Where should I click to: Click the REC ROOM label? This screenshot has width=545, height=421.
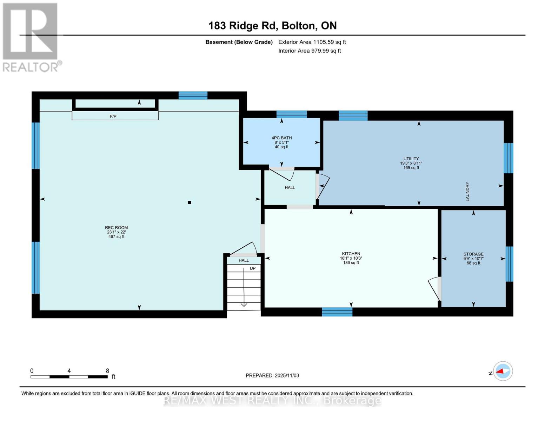click(x=116, y=228)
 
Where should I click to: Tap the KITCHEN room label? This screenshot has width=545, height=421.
click(x=351, y=254)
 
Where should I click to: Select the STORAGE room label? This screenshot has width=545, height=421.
click(x=473, y=254)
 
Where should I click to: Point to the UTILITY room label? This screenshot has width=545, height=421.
click(x=411, y=159)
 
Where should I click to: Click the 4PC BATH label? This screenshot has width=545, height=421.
click(x=281, y=138)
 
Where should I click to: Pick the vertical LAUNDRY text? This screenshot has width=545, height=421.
click(x=467, y=192)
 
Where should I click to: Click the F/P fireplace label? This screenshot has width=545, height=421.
click(x=113, y=116)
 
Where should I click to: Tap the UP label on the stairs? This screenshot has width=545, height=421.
click(x=253, y=268)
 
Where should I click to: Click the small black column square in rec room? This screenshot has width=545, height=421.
click(x=190, y=202)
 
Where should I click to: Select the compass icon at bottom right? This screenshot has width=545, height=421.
click(x=503, y=371)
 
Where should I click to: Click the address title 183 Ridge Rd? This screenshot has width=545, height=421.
click(x=272, y=26)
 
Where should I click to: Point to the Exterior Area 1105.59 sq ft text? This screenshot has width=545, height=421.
click(x=312, y=42)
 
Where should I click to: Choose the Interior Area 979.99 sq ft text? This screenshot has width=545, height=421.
click(x=310, y=51)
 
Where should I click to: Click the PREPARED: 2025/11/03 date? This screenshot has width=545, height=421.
click(x=272, y=375)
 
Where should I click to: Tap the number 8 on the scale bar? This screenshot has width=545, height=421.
click(x=107, y=371)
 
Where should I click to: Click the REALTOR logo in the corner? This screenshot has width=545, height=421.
click(x=31, y=37)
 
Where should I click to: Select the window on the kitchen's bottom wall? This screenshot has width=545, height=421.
click(x=337, y=312)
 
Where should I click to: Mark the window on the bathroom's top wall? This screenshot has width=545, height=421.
click(x=291, y=114)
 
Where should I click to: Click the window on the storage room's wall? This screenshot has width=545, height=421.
click(x=509, y=264)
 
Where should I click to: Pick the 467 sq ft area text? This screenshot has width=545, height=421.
click(x=116, y=237)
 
